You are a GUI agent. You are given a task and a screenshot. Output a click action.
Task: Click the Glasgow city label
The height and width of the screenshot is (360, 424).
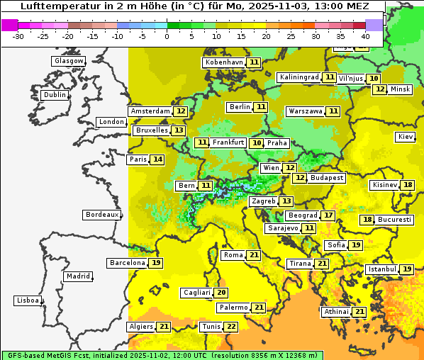tap(68, 61)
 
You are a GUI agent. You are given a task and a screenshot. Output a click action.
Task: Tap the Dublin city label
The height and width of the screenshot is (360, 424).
tap(54, 95)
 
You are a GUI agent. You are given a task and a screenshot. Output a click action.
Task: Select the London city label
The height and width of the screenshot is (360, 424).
tap(111, 122)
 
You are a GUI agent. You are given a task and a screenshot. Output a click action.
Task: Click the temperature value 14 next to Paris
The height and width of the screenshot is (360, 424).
tap(157, 159)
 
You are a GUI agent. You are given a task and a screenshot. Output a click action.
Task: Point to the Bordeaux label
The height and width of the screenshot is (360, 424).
tap(101, 215)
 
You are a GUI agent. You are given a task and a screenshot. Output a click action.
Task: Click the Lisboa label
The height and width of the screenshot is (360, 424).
tap(27, 300)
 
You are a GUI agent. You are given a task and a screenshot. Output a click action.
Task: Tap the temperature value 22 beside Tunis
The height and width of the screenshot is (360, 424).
tap(231, 327)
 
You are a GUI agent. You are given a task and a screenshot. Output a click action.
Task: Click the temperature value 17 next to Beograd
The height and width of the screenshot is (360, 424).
tap(328, 215)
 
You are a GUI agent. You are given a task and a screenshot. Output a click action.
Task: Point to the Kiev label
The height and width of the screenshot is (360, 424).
tap(406, 137)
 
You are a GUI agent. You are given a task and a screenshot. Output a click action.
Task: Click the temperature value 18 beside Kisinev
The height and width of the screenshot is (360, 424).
tap(408, 185)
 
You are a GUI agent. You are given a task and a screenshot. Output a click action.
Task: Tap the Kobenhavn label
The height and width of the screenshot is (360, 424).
tap(224, 62)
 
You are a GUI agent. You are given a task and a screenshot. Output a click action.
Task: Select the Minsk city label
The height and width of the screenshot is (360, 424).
tap(401, 89)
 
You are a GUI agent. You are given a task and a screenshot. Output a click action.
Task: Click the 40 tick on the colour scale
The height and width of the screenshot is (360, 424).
tap(365, 36)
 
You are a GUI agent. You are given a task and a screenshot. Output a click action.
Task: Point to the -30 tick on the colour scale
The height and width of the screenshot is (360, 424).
tap(18, 36)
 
